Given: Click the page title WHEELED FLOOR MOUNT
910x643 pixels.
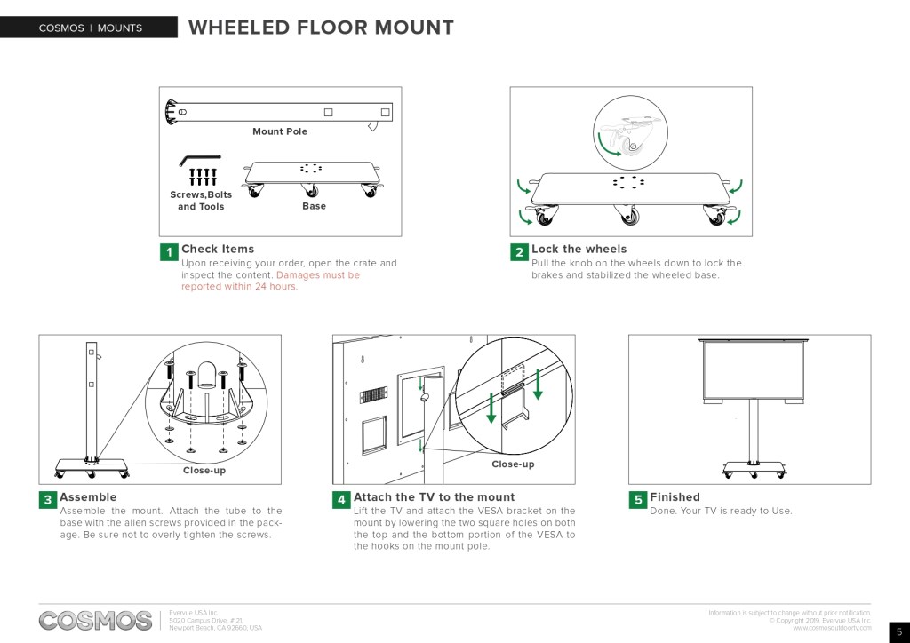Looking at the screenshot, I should click(x=321, y=28).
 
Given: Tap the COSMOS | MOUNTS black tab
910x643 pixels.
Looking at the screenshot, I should click(x=90, y=28).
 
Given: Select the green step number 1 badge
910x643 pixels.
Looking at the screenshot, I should click(x=169, y=252).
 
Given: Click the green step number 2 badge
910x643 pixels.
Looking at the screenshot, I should click(x=519, y=252).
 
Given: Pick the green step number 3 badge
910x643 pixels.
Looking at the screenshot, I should click(x=47, y=500).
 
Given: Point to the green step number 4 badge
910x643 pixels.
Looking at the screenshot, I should click(x=341, y=500).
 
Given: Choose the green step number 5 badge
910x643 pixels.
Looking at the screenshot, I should click(x=637, y=500).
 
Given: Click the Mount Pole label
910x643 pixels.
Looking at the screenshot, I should click(x=280, y=131).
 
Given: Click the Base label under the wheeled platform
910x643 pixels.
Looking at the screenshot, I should click(x=314, y=206).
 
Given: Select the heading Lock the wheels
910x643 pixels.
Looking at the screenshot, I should click(x=579, y=249).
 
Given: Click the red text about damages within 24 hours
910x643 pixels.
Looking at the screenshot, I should click(x=267, y=281).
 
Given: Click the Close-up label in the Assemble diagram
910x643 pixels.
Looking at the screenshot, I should click(x=204, y=470).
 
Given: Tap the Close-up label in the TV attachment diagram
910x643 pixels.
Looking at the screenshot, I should click(x=513, y=464).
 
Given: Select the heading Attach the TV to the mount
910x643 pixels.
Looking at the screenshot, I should click(x=434, y=497).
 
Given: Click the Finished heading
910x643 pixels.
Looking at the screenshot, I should click(x=675, y=497).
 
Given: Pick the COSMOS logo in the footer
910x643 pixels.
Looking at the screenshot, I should click(x=95, y=620).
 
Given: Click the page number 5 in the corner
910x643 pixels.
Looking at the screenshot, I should click(x=898, y=631).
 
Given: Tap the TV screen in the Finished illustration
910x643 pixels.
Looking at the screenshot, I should click(x=753, y=373).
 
